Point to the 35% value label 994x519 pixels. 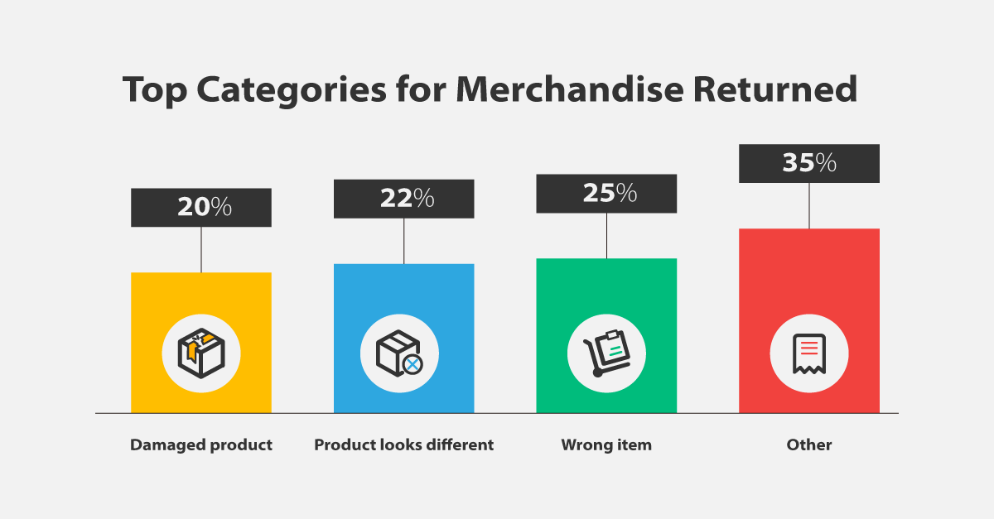click(x=809, y=163)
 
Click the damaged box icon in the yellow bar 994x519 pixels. click(x=201, y=353)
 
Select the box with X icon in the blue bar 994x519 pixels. click(x=399, y=353)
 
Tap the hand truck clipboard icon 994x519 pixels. click(x=606, y=353)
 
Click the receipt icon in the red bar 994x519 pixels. click(x=809, y=354)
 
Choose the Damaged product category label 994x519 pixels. click(x=201, y=445)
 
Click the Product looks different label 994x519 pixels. click(x=404, y=445)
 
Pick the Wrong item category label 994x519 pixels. click(x=606, y=445)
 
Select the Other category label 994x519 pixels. click(x=809, y=445)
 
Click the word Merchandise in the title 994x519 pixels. click(x=570, y=89)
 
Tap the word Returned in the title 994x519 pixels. click(x=775, y=89)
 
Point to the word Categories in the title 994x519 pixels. click(x=292, y=89)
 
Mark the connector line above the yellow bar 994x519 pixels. click(x=201, y=250)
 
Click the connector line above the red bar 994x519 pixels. click(x=809, y=206)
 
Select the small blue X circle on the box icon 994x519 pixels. click(x=413, y=365)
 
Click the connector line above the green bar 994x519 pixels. click(x=606, y=236)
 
